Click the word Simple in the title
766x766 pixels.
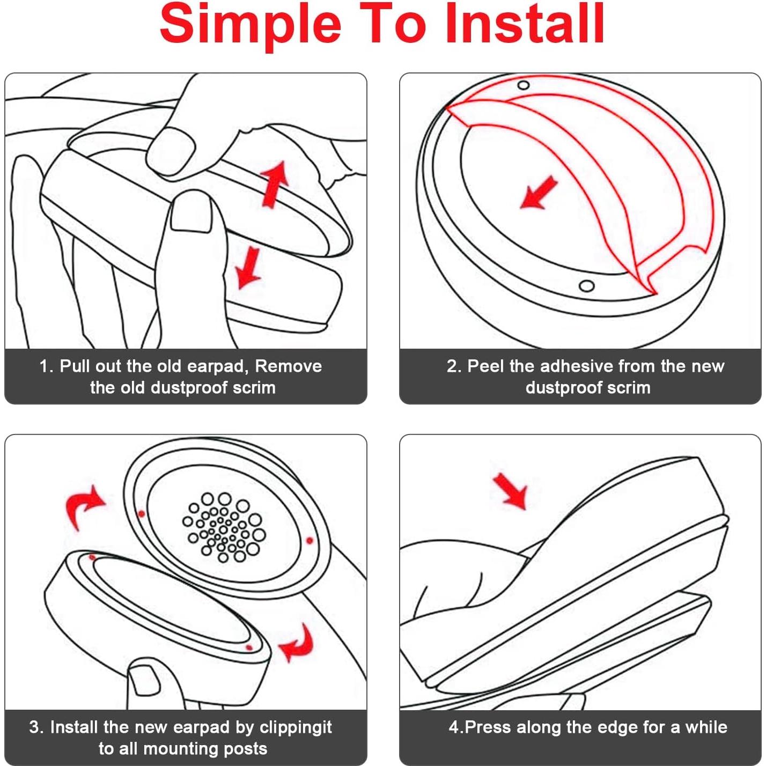(251, 25)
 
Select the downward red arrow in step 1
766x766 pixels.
(248, 268)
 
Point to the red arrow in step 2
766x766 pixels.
(539, 193)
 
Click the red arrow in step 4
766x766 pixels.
(510, 491)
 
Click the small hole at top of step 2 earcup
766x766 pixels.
(524, 85)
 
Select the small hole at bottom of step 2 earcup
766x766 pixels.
(587, 285)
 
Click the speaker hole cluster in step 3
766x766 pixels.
(224, 527)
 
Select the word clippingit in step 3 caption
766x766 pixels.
(296, 727)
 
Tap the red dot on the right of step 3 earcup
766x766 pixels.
(310, 540)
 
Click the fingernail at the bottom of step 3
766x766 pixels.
(144, 681)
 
